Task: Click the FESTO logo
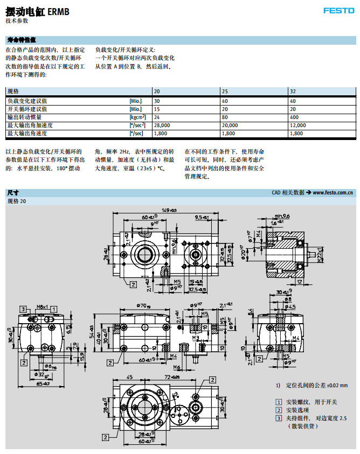338,10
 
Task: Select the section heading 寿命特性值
22,40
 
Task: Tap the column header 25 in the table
225,92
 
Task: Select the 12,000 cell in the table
297,125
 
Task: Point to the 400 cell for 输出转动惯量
294,117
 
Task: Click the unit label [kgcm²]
137,117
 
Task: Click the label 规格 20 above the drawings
16,201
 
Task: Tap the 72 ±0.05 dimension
172,377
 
